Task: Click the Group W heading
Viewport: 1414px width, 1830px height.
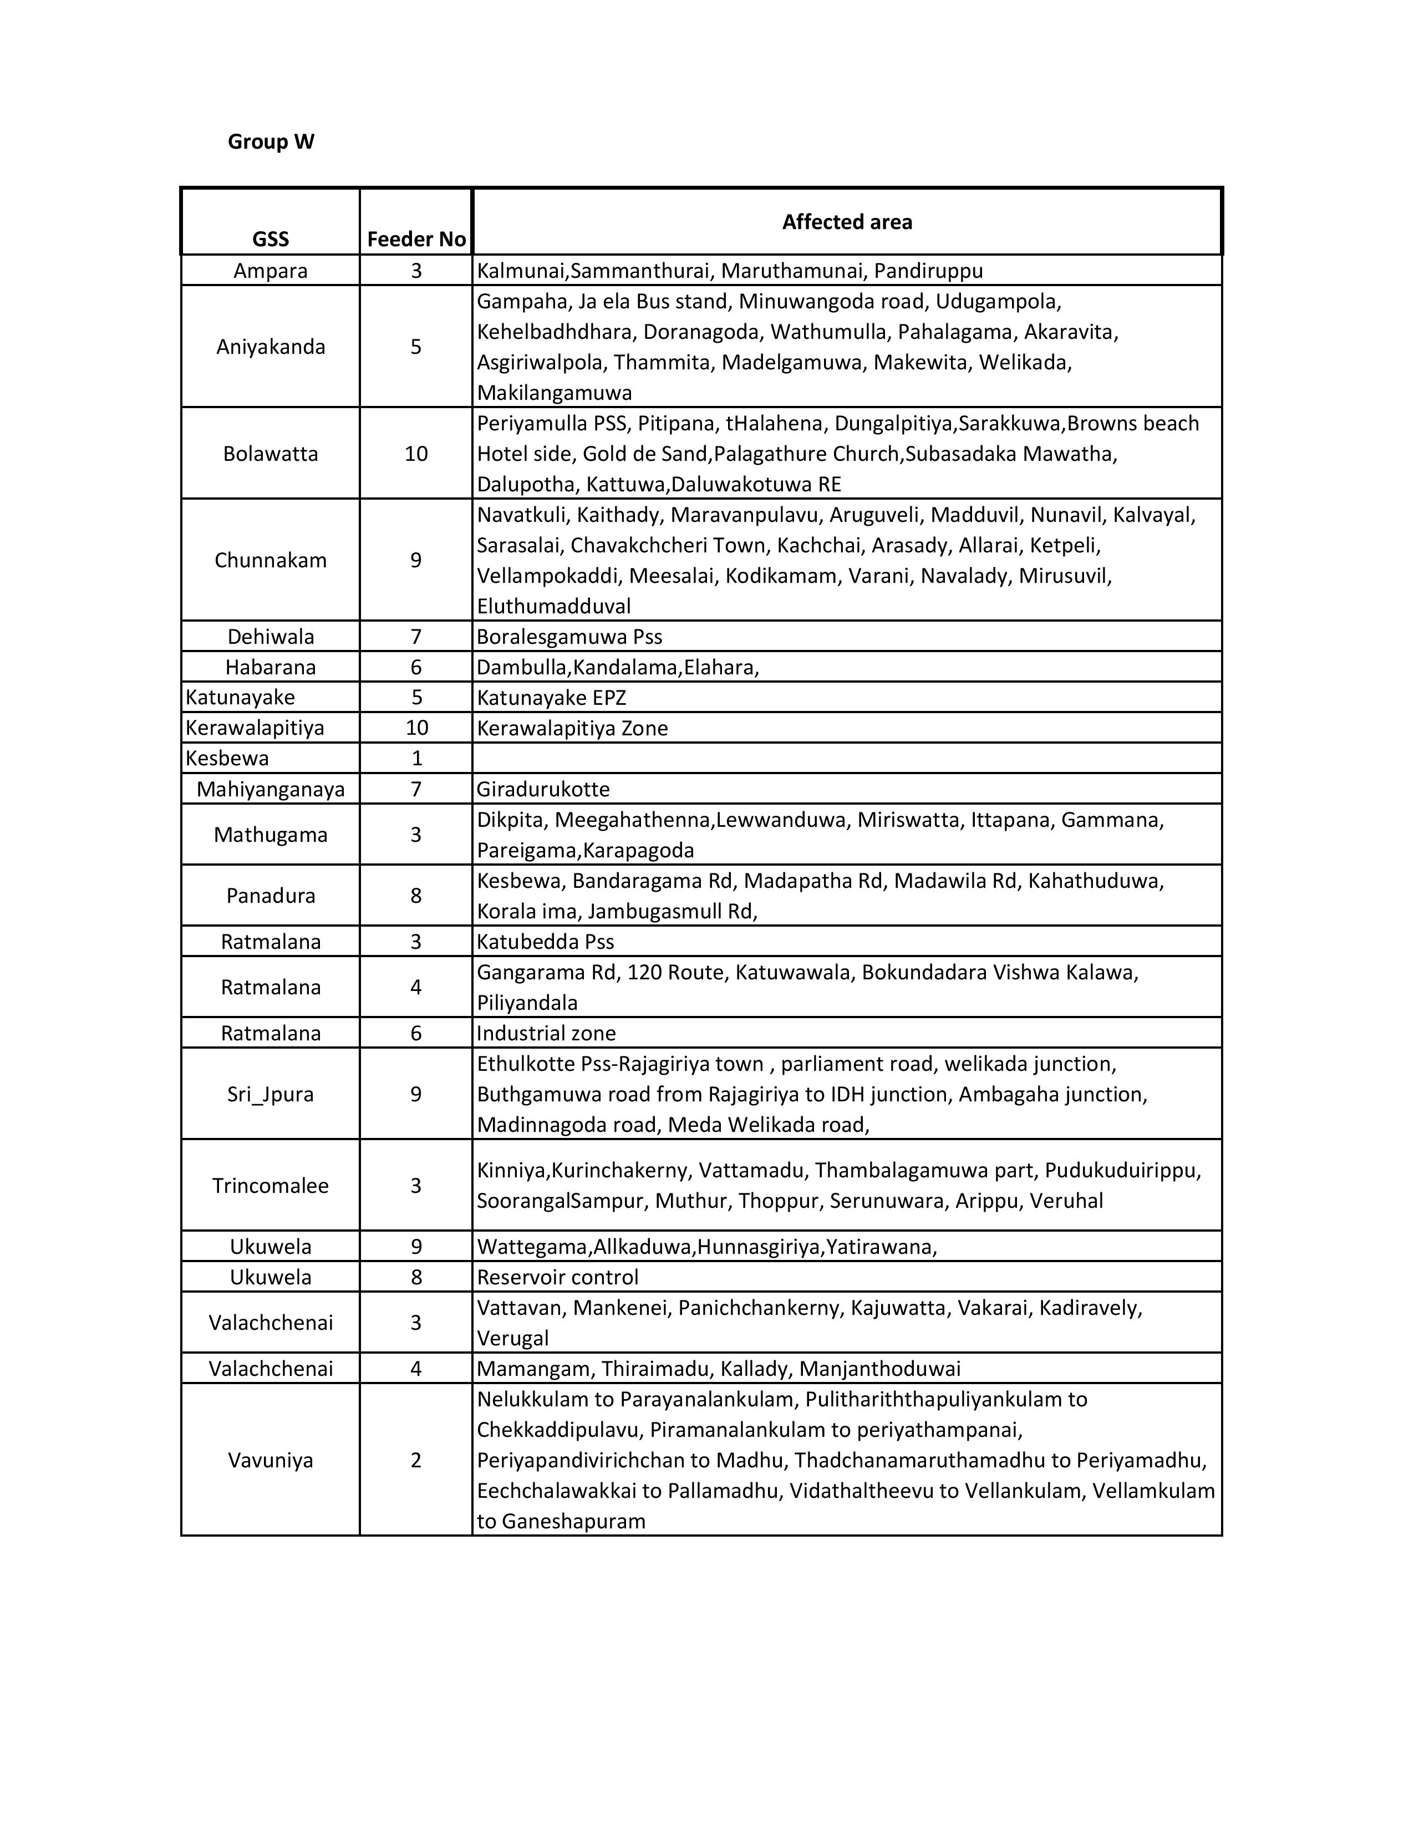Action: coord(271,141)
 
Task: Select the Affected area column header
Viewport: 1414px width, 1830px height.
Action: coord(846,222)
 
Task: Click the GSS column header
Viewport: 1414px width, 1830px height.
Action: coord(271,240)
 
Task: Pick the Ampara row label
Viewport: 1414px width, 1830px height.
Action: coord(271,271)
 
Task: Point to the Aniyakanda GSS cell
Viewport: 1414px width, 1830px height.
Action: coord(271,347)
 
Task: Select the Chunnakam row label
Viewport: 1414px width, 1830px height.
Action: coord(271,560)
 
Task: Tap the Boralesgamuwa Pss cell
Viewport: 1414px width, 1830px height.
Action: coord(569,637)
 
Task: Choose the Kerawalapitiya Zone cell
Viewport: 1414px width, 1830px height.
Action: coord(572,728)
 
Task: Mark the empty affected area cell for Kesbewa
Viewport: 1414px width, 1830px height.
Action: coord(846,758)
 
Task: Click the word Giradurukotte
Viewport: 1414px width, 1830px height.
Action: coord(543,789)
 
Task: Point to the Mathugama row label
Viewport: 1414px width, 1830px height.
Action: coord(271,835)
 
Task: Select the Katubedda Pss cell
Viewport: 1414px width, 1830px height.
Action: coord(545,942)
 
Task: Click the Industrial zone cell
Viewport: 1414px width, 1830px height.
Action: coord(546,1033)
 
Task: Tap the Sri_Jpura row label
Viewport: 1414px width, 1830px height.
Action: coord(271,1094)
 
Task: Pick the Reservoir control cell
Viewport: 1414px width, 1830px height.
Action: coord(558,1277)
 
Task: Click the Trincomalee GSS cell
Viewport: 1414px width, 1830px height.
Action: coord(271,1186)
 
